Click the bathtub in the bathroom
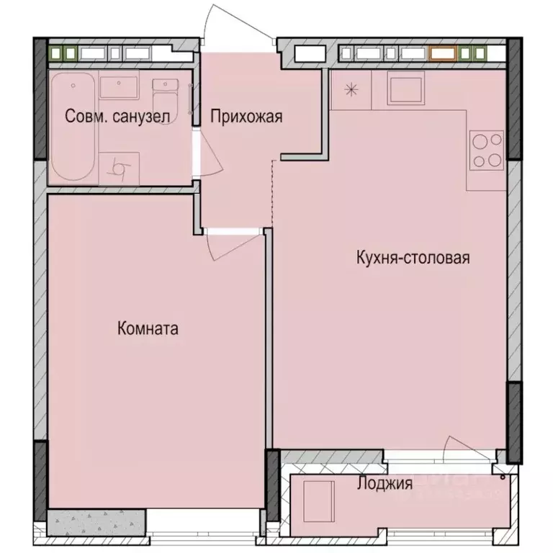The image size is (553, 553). pyautogui.click(x=72, y=128)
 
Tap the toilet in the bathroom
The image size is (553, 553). pyautogui.click(x=166, y=91)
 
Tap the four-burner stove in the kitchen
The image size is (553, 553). pyautogui.click(x=486, y=150)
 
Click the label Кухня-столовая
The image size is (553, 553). pyautogui.click(x=413, y=257)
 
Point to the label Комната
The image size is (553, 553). pyautogui.click(x=148, y=329)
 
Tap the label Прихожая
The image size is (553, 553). pyautogui.click(x=246, y=116)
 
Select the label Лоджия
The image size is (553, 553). pyautogui.click(x=385, y=484)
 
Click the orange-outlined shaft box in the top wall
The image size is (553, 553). pyautogui.click(x=442, y=53)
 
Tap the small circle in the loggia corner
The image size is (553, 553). pyautogui.click(x=502, y=475)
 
